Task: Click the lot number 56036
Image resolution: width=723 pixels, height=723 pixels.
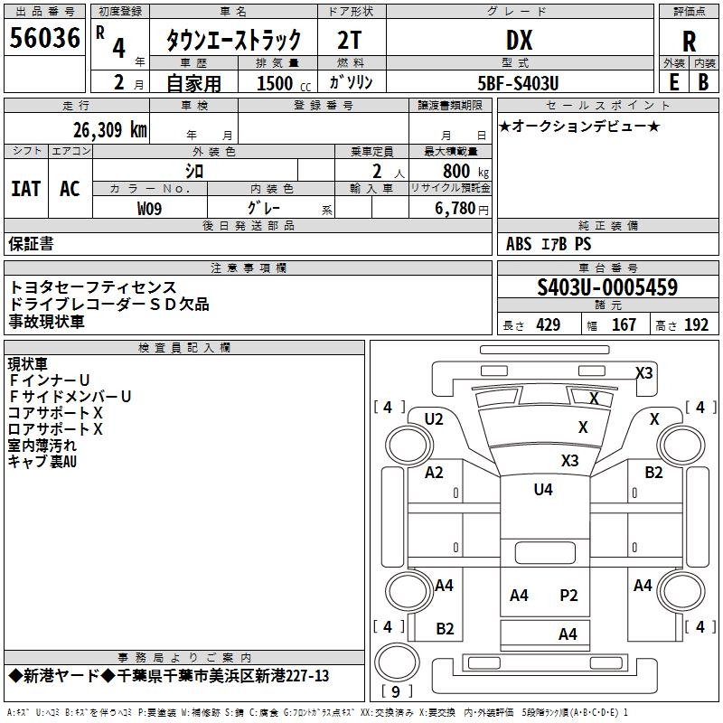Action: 44,38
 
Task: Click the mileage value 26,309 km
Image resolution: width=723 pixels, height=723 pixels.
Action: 110,129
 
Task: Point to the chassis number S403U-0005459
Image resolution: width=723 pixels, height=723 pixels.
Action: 607,287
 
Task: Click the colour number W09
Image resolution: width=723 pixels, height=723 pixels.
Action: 150,208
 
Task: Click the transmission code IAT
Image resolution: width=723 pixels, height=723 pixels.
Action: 25,189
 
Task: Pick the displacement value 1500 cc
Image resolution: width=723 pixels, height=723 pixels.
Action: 275,83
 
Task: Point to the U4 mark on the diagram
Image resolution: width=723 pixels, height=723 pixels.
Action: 542,490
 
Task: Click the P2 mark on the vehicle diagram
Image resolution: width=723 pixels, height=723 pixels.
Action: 568,595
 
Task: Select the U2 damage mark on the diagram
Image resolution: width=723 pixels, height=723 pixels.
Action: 434,418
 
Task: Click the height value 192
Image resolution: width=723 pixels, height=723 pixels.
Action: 697,325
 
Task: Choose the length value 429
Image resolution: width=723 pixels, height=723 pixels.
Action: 549,325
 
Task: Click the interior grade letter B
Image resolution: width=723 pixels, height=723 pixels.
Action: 704,81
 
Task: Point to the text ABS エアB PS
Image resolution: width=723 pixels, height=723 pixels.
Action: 549,244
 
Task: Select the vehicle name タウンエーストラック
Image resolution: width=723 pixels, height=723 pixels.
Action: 233,41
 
